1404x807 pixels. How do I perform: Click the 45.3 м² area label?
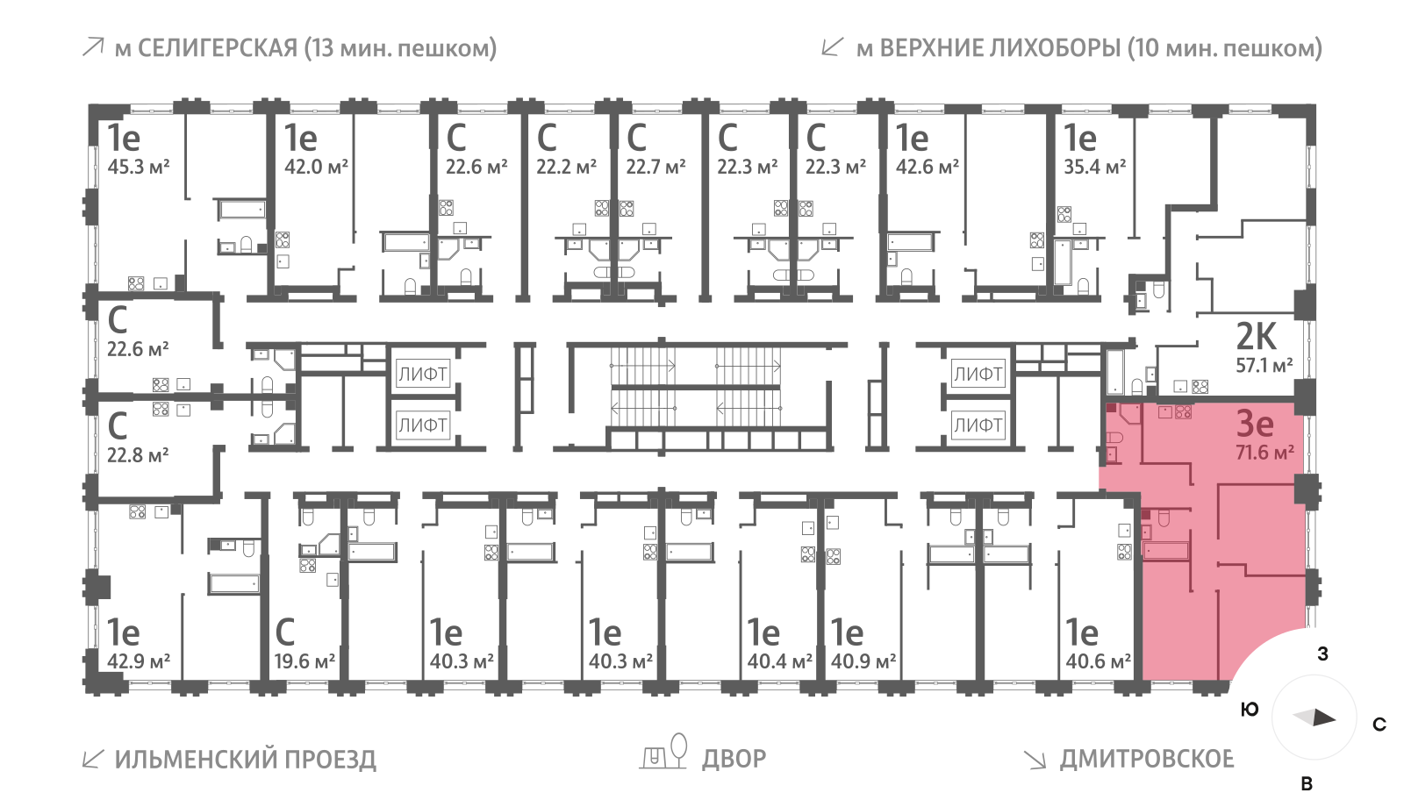pyautogui.click(x=138, y=167)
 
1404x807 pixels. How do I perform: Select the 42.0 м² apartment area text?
pyautogui.click(x=316, y=167)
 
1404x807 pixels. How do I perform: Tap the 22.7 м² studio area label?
pyautogui.click(x=655, y=167)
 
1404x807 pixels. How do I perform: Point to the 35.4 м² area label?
pyautogui.click(x=1094, y=167)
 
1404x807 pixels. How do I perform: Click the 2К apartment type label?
pyautogui.click(x=1256, y=337)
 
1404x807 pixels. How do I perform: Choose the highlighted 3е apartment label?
pyautogui.click(x=1255, y=424)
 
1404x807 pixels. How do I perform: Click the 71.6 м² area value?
pyautogui.click(x=1264, y=453)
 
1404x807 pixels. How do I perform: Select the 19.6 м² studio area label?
pyautogui.click(x=304, y=661)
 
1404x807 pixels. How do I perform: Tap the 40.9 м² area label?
pyautogui.click(x=863, y=661)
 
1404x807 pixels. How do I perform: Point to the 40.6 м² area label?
pyautogui.click(x=1098, y=661)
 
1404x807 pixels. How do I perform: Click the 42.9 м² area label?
pyautogui.click(x=139, y=661)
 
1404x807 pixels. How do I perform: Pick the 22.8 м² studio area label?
pyautogui.click(x=138, y=455)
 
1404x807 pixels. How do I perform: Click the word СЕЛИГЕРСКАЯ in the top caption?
pyautogui.click(x=218, y=48)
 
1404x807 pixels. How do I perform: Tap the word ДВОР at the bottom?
pyautogui.click(x=734, y=759)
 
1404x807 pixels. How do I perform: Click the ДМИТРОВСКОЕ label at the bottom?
pyautogui.click(x=1146, y=759)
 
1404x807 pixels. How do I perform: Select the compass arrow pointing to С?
pyautogui.click(x=1315, y=718)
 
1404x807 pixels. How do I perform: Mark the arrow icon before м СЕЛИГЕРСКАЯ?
pyautogui.click(x=92, y=47)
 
